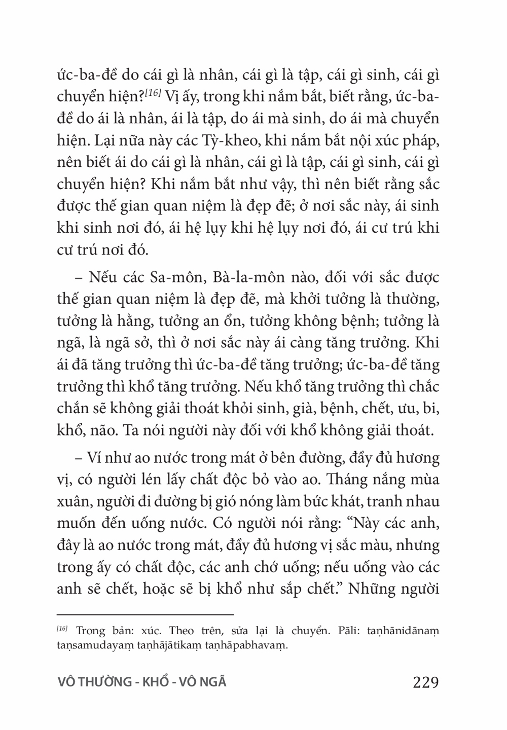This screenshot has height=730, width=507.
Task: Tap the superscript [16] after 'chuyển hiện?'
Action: click(x=152, y=94)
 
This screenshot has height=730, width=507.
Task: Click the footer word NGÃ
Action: click(x=213, y=682)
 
